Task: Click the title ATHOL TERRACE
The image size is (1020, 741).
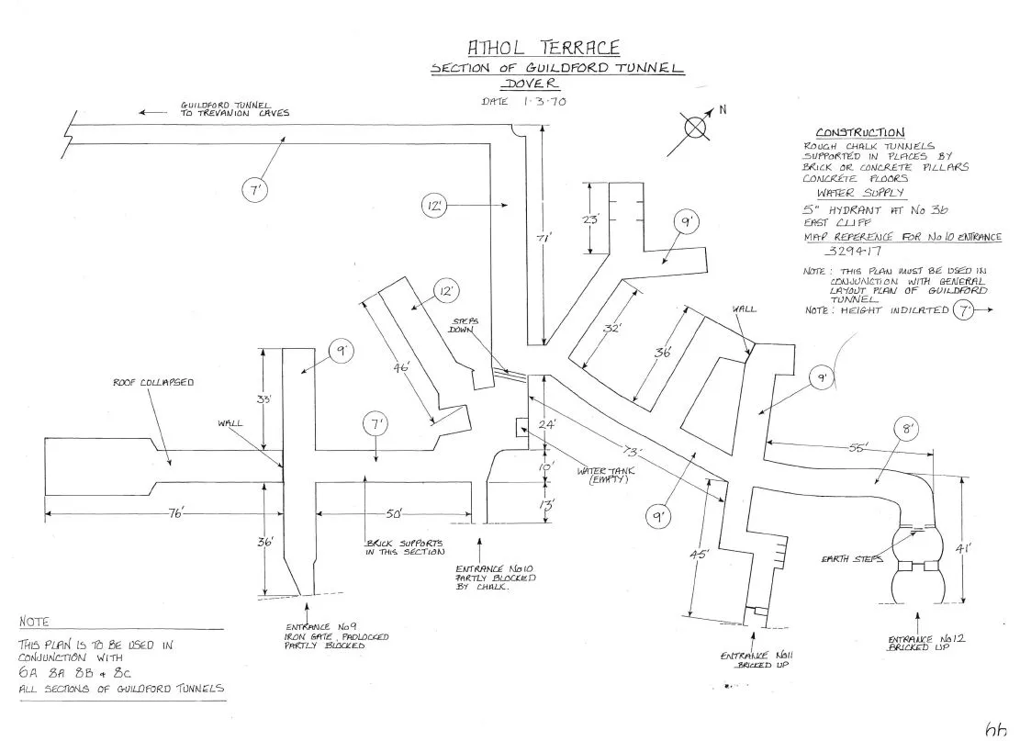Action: point(544,47)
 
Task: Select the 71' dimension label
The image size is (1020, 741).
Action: point(544,238)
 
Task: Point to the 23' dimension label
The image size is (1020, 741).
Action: point(591,219)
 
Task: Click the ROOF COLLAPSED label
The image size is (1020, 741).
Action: point(153,382)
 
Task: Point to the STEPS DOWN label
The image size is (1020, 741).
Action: point(462,326)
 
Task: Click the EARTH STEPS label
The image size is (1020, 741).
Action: point(852,558)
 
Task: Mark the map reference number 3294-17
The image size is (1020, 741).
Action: point(852,249)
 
